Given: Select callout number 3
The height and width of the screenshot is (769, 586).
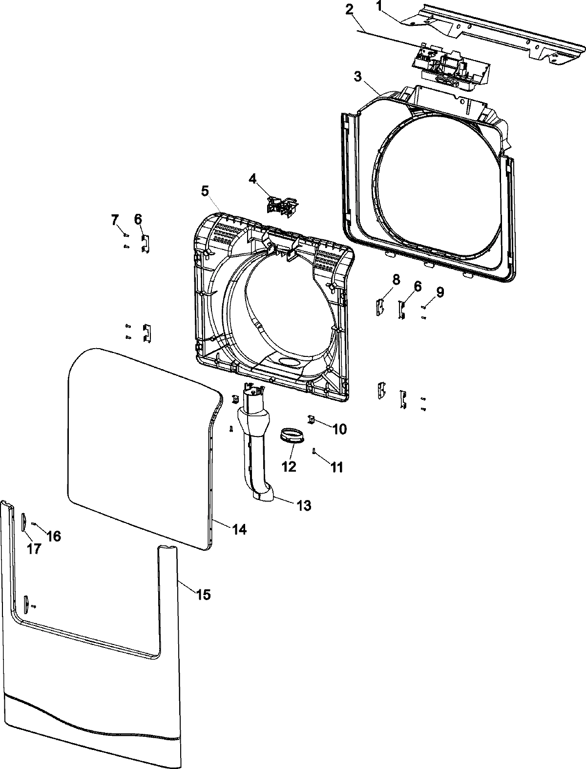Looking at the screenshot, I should [x=358, y=77].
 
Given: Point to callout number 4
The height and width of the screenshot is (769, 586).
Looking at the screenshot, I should [x=252, y=179].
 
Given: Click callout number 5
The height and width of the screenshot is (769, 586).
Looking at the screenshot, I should [x=205, y=191].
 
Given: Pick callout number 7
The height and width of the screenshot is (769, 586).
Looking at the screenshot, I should [x=115, y=220].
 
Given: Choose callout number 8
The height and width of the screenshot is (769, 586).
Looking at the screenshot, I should [x=396, y=280].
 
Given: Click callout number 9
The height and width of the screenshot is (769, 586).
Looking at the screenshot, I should [x=440, y=292].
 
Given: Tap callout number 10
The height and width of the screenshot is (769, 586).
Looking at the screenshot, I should [x=339, y=429].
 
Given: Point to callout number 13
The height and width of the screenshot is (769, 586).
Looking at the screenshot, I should [x=303, y=506].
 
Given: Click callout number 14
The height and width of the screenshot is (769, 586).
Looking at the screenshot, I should [x=239, y=529].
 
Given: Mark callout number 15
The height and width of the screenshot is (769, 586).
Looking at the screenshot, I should [x=203, y=594].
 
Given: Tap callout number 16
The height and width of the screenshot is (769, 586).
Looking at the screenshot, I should [x=54, y=536].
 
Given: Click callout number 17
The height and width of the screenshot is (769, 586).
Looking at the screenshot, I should [x=34, y=548].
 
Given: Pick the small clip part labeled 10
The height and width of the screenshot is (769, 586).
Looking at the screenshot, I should [x=311, y=418].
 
